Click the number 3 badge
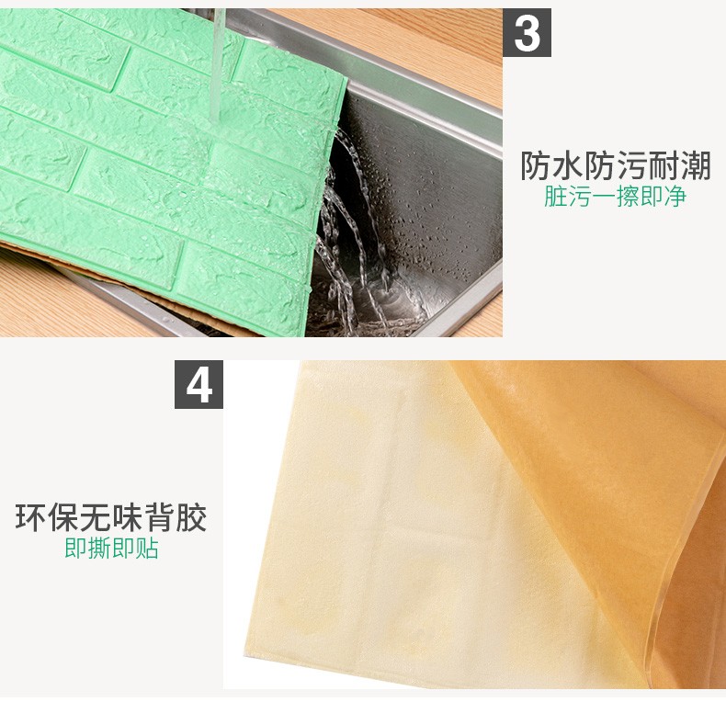pos(527,33)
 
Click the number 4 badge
pos(199,385)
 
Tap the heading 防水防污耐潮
pos(616,165)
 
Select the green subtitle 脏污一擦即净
pos(615,197)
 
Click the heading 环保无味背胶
pos(111,517)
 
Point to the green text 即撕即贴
pos(111,549)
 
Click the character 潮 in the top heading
pos(696,165)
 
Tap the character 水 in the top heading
pos(568,165)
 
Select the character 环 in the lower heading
pos(31,517)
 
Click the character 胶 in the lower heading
pos(191,517)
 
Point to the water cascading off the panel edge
pos(352,232)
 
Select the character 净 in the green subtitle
pos(675,197)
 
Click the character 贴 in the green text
pos(147,549)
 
